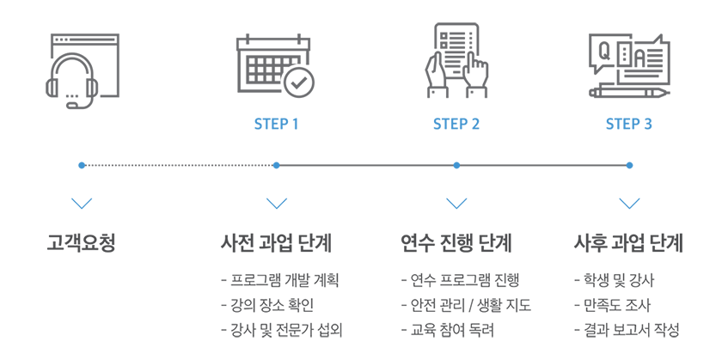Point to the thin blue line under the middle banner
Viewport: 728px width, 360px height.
[x=456, y=164]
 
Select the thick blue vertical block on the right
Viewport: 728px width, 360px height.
[x=636, y=163]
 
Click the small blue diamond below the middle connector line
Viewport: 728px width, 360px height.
[x=456, y=194]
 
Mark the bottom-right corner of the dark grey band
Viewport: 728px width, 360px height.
[x=681, y=336]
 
